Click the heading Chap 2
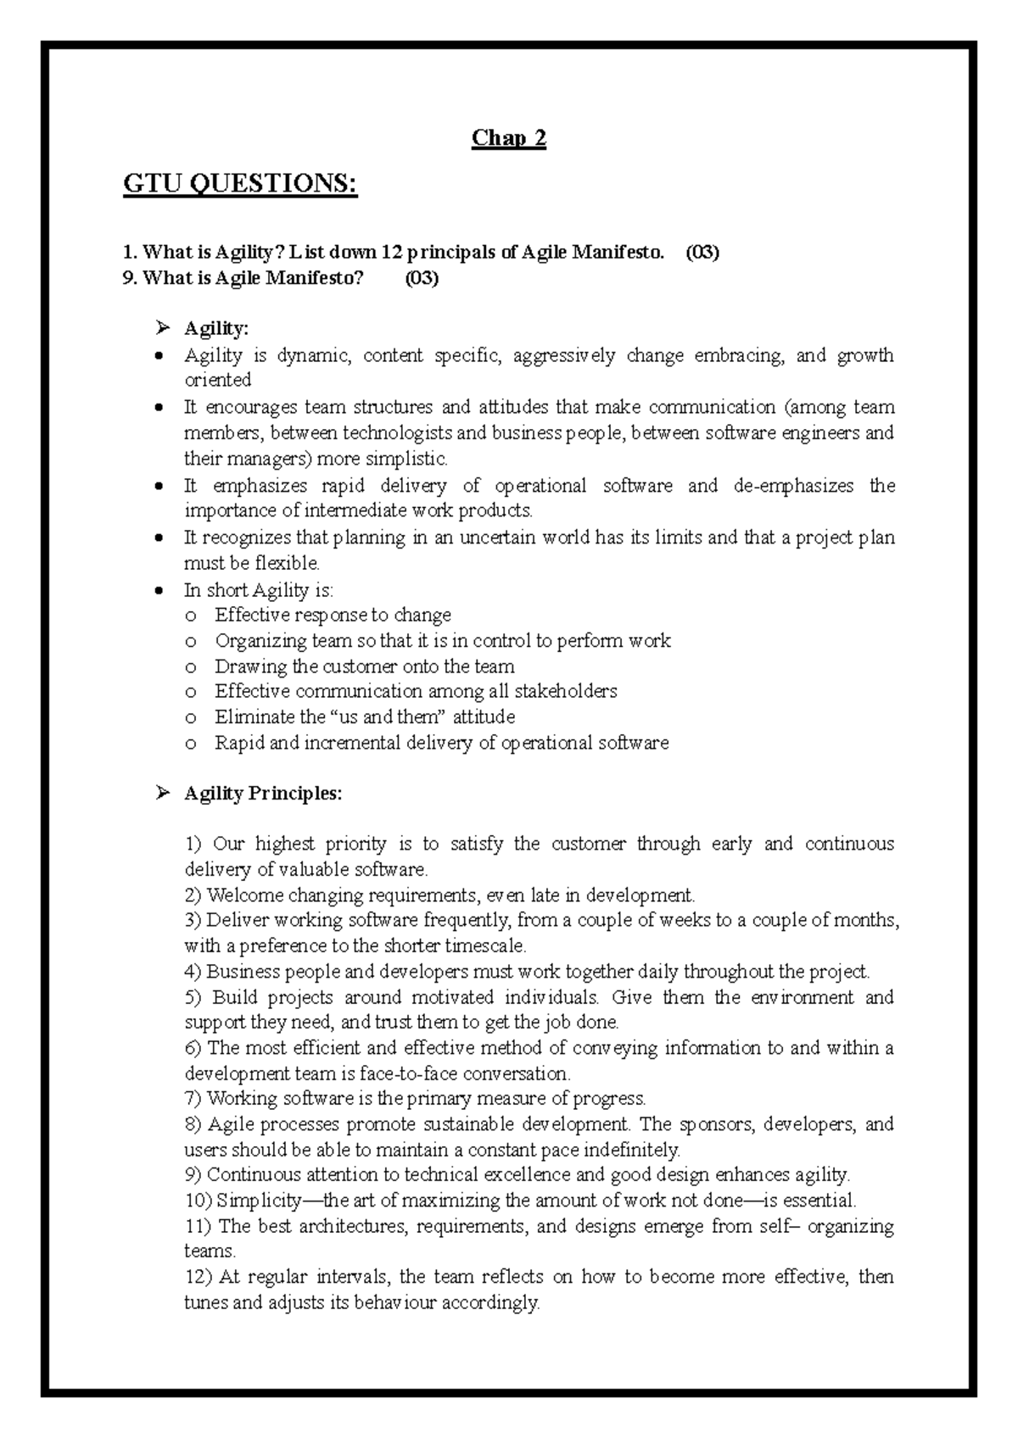pos(508,138)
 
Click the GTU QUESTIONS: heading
pos(240,183)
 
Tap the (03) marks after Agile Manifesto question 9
pos(422,278)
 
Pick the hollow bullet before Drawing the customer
pos(193,667)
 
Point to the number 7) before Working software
pos(193,1100)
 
